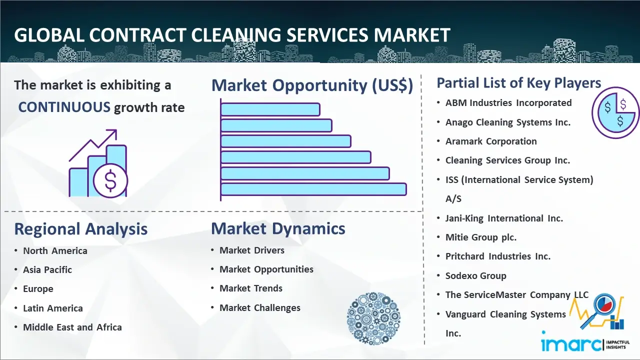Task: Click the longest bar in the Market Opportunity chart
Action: pyautogui.click(x=313, y=189)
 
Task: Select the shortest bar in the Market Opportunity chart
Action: pyautogui.click(x=270, y=109)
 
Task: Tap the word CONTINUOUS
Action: pyautogui.click(x=64, y=107)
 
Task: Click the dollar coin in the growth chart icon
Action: pyautogui.click(x=110, y=180)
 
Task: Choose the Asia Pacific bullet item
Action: pyautogui.click(x=47, y=269)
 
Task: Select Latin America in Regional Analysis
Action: pyautogui.click(x=53, y=308)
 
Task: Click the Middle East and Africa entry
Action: pyautogui.click(x=72, y=327)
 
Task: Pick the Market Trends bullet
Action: pyautogui.click(x=251, y=288)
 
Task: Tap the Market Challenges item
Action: pyautogui.click(x=259, y=307)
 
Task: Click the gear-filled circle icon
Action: pyautogui.click(x=373, y=318)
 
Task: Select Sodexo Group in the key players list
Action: pyautogui.click(x=475, y=275)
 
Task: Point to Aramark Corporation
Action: pyautogui.click(x=491, y=141)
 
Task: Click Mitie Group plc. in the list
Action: pyautogui.click(x=481, y=237)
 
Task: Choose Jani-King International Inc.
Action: pyautogui.click(x=504, y=218)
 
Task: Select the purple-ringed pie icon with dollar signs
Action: pyautogui.click(x=615, y=112)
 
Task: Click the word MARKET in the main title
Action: pyautogui.click(x=412, y=35)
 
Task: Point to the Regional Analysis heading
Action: pyautogui.click(x=81, y=229)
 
